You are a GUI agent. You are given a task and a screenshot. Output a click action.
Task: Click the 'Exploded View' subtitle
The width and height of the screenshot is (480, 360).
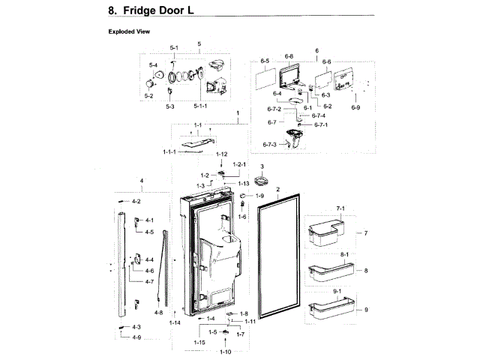[x=130, y=32]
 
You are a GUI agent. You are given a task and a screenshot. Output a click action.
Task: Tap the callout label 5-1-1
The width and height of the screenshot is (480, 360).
[x=200, y=106]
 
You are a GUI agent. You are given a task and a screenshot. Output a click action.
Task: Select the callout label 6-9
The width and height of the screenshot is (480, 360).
[x=355, y=108]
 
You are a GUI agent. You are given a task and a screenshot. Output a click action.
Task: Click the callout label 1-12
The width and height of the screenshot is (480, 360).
[x=221, y=154]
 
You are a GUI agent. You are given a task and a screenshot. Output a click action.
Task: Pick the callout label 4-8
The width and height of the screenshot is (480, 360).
[x=158, y=312]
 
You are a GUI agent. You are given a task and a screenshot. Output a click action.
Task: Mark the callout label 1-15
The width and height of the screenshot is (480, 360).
[x=200, y=342]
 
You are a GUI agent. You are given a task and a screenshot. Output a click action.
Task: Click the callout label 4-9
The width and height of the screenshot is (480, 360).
[x=136, y=337]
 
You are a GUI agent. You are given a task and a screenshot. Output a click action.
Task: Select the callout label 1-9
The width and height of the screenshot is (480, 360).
[x=260, y=196]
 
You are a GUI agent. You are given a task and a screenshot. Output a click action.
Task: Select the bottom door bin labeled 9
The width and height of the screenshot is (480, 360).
[x=328, y=309]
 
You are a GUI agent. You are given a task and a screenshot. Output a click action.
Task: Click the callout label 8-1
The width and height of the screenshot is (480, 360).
[x=325, y=255]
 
